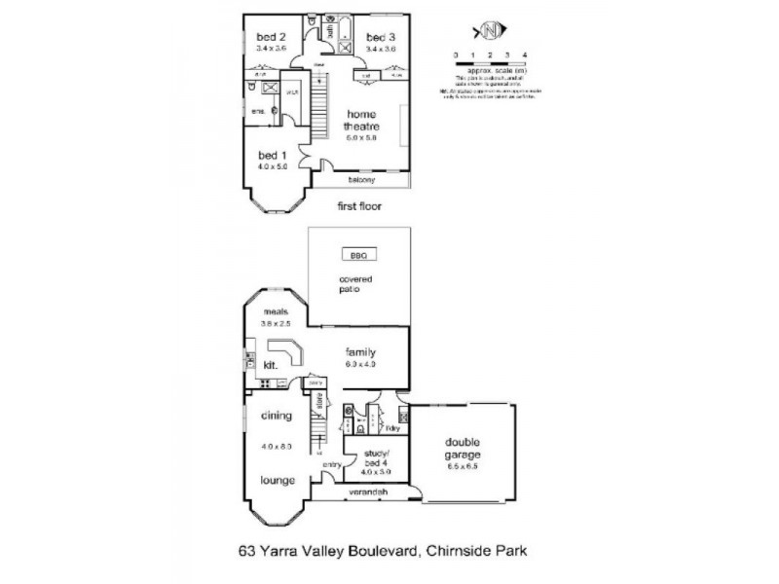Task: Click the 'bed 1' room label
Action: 270,156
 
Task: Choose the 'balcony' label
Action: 362,181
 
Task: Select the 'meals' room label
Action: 277,312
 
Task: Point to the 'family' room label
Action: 360,352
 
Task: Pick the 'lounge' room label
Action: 278,480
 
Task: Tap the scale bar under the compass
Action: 490,63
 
